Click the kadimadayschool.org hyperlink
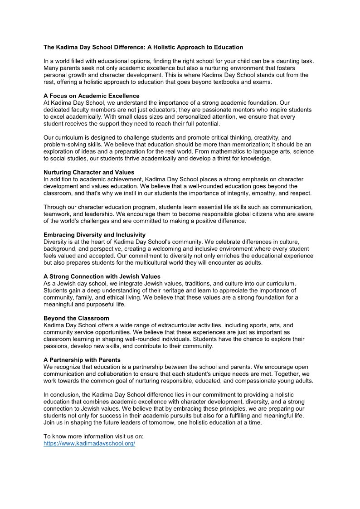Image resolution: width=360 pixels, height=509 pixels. tap(89, 444)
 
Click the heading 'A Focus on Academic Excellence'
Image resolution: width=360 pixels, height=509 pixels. tap(91, 96)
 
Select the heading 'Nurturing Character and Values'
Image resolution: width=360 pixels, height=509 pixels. tap(89, 172)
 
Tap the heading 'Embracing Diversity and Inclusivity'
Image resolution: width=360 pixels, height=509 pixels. tap(94, 235)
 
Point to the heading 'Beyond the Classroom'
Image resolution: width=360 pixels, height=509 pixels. tap(76, 318)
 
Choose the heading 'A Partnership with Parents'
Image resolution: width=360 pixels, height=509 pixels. tap(82, 360)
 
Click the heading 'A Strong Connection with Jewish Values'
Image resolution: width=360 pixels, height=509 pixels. tap(102, 276)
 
